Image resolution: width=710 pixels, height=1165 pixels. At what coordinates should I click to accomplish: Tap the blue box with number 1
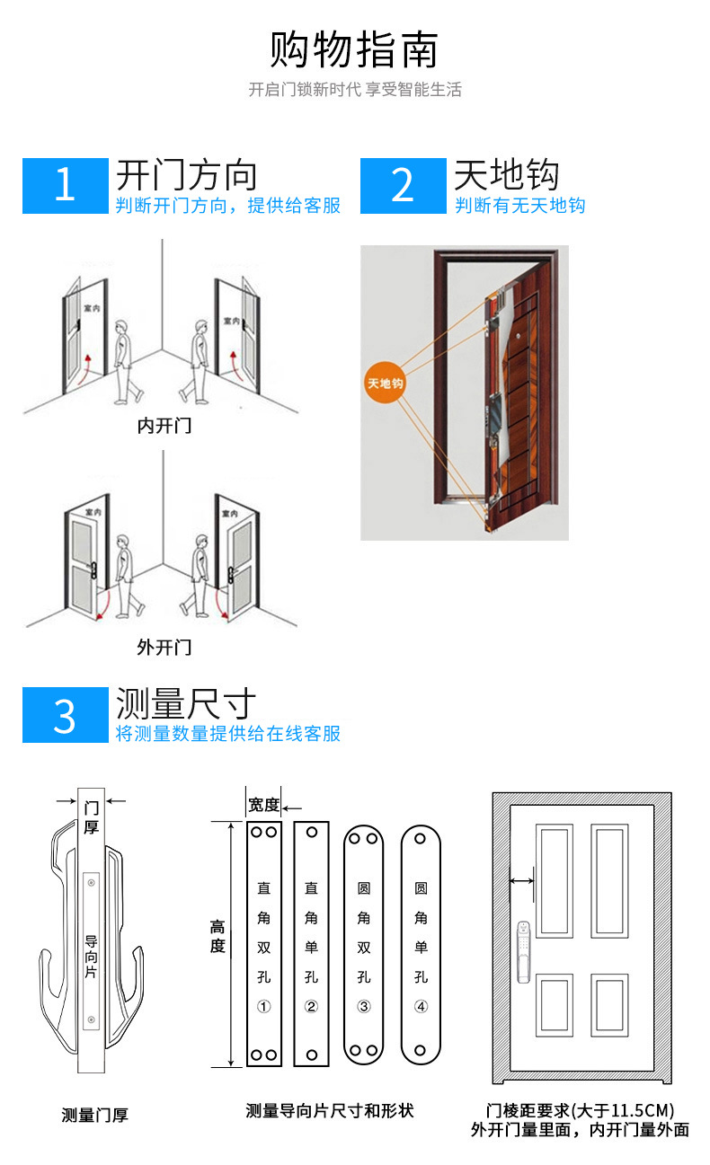click(65, 186)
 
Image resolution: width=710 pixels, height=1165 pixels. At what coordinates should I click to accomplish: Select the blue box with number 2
click(403, 186)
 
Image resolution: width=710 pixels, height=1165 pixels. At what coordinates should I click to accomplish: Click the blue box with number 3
click(65, 715)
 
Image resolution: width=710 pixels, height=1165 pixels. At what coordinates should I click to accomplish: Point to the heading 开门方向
click(187, 173)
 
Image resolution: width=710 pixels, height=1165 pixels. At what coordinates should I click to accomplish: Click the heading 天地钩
click(507, 173)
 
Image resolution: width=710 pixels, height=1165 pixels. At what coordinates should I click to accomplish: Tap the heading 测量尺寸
click(187, 703)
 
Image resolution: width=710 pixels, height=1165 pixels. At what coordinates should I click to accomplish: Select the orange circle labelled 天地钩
click(385, 384)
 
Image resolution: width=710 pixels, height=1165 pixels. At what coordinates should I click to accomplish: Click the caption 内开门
click(164, 426)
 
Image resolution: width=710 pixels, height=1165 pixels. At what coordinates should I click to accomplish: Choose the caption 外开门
click(164, 647)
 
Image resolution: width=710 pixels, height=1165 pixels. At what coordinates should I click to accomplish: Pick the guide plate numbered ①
click(264, 943)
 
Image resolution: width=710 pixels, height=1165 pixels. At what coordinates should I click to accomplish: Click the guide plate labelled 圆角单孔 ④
click(421, 943)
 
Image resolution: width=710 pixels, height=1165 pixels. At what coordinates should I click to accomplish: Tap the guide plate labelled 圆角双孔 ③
click(364, 943)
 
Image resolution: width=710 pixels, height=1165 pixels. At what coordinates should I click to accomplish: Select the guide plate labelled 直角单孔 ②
click(311, 943)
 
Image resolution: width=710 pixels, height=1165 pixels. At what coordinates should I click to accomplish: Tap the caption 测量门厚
click(95, 1115)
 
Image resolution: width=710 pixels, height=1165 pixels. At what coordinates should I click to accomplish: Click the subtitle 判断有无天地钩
click(520, 206)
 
